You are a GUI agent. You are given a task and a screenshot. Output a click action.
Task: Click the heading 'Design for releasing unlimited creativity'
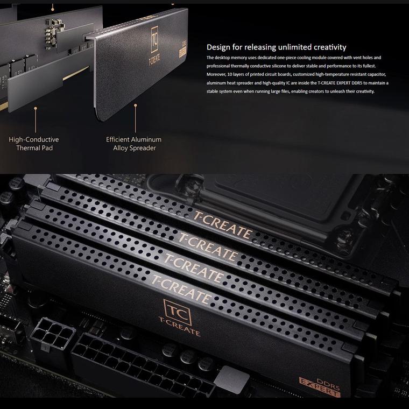point(276,47)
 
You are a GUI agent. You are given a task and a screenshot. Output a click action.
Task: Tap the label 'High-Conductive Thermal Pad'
point(34,144)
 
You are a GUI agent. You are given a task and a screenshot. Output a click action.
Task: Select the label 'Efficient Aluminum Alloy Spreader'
point(134,144)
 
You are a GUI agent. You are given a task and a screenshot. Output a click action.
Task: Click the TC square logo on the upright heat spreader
point(154,39)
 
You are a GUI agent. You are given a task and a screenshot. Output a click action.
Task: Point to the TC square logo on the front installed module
point(178,312)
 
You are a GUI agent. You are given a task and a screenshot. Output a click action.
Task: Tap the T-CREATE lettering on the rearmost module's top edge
point(222,224)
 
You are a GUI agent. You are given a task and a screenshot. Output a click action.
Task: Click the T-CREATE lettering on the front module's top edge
point(181,289)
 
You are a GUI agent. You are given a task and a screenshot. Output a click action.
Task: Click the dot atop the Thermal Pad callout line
point(36,108)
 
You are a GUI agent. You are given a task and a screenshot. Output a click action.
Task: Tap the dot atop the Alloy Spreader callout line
point(136,105)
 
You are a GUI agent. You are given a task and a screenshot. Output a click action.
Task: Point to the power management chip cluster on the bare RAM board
point(54,33)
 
